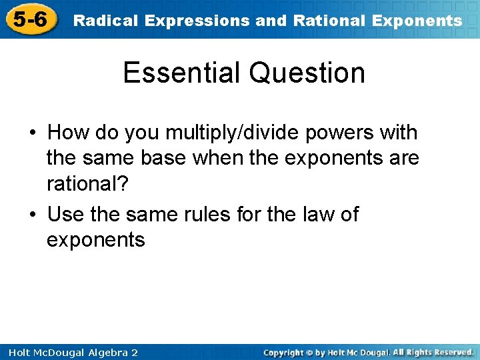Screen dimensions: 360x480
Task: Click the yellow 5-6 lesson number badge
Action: coord(29,19)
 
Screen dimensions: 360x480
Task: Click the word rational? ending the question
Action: coord(86,184)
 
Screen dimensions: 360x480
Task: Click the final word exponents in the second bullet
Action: coord(95,240)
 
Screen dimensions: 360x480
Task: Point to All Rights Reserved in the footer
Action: coord(433,352)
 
